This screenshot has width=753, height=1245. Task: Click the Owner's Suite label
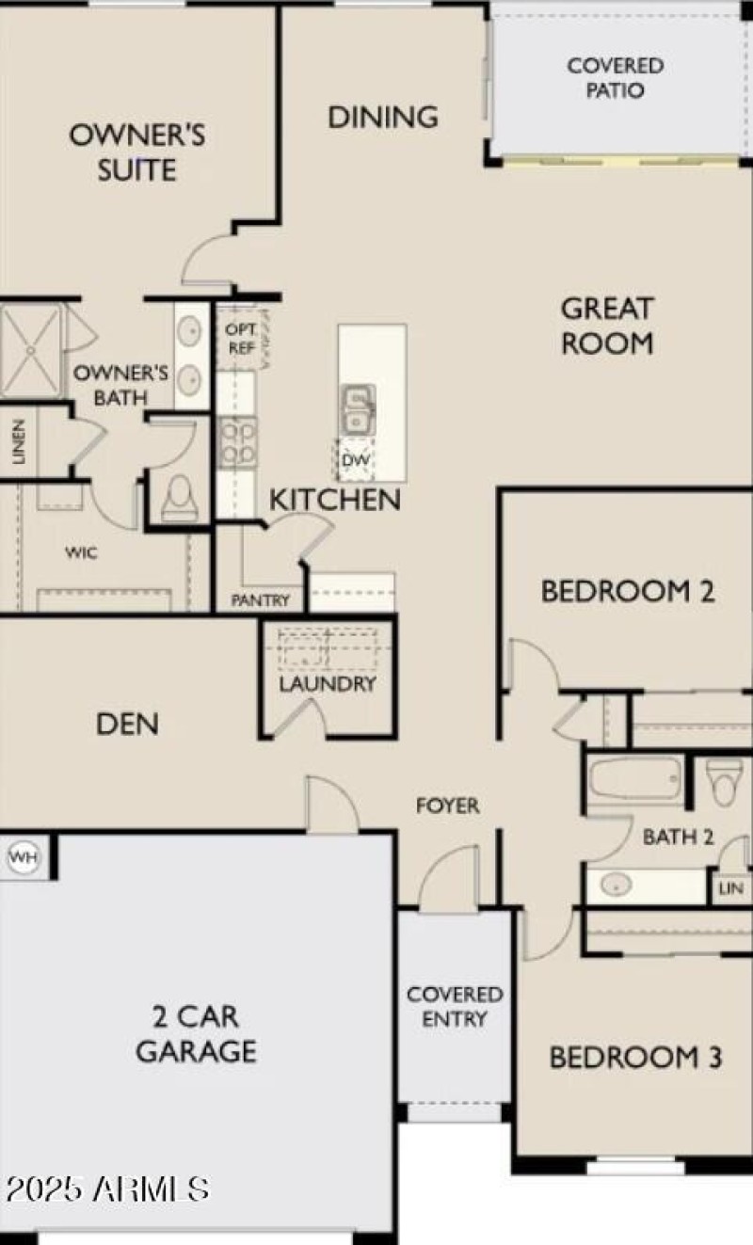coord(136,152)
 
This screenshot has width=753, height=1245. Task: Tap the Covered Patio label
coord(615,78)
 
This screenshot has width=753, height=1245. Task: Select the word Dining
coord(383,117)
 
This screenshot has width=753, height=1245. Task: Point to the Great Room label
coord(607,326)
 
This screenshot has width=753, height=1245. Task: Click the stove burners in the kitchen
coord(236,441)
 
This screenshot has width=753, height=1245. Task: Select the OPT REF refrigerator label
coord(241,339)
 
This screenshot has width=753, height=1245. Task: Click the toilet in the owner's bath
coord(179,496)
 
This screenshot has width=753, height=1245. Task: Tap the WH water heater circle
coord(22,857)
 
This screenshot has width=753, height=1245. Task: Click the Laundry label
coord(327,684)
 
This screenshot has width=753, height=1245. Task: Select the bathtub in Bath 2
coord(635,779)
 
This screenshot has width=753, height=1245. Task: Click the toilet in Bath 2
coord(725,781)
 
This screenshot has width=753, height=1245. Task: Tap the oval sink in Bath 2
coord(617,885)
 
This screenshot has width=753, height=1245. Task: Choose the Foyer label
coord(448,806)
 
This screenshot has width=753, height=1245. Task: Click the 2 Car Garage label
coord(196,1033)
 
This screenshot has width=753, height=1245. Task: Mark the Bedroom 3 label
coord(635,1057)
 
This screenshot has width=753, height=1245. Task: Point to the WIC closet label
coord(81,552)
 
